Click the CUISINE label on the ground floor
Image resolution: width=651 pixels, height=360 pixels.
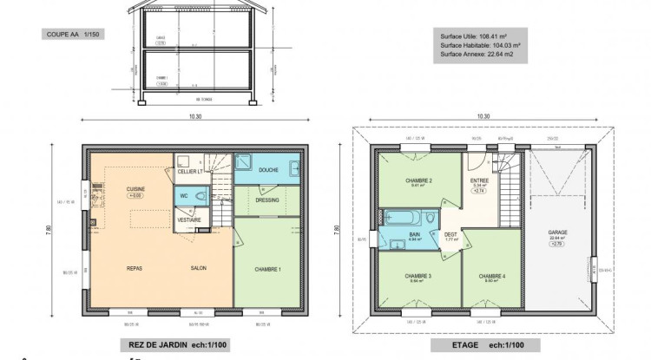(x=135, y=189)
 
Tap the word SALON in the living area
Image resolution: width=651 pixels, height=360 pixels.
(x=199, y=269)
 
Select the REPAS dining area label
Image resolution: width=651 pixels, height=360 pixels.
(x=134, y=269)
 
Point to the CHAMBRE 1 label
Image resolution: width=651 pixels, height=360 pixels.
(x=267, y=269)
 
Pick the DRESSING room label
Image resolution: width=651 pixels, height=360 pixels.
(x=267, y=199)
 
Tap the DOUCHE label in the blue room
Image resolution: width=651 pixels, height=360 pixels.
(x=268, y=170)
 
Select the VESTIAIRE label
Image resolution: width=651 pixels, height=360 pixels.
(x=189, y=220)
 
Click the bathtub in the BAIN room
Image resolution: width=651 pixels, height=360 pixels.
(x=406, y=216)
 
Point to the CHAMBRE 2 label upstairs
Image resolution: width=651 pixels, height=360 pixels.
(x=418, y=180)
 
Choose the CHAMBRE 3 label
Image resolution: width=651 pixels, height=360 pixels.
(x=418, y=277)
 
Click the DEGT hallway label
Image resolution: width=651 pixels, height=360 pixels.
(x=450, y=234)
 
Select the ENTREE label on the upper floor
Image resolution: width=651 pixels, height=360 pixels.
(x=479, y=180)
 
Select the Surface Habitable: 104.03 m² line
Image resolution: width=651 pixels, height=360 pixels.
(x=479, y=44)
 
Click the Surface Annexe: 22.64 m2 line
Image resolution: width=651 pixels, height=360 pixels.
(x=478, y=54)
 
